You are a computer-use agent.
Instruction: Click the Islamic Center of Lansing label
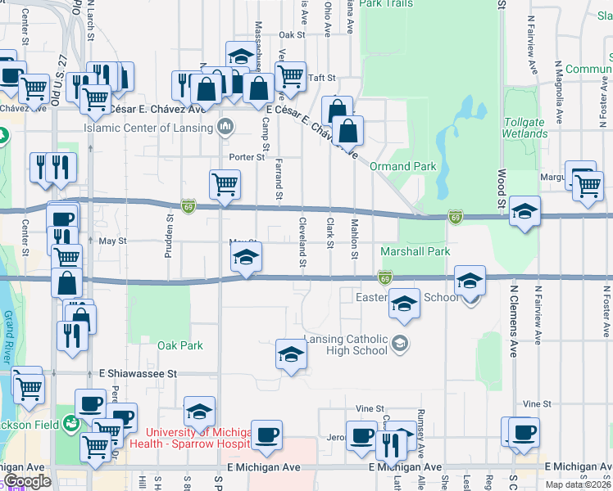148,128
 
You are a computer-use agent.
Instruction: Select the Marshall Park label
415,251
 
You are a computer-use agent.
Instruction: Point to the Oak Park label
180,345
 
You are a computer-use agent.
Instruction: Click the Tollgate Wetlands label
524,128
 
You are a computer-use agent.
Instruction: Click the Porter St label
248,156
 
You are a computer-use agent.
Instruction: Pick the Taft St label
321,78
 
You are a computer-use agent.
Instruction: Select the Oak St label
291,35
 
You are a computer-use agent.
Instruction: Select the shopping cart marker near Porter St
225,184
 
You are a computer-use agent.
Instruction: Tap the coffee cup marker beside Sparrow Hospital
266,435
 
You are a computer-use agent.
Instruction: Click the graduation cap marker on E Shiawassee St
291,355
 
